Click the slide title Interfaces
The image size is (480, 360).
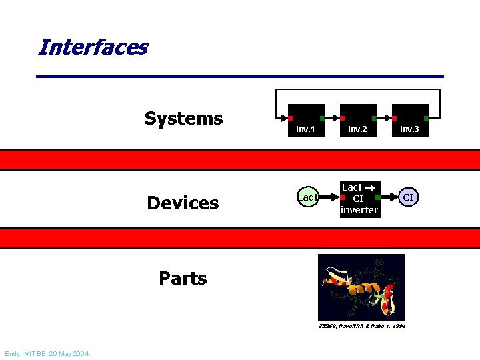pyautogui.click(x=93, y=47)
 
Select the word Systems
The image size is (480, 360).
pyautogui.click(x=183, y=119)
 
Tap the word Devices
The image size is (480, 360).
pyautogui.click(x=183, y=203)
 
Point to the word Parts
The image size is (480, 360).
pyautogui.click(x=183, y=278)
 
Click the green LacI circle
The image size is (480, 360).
pyautogui.click(x=308, y=197)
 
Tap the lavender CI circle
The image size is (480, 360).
pyautogui.click(x=409, y=197)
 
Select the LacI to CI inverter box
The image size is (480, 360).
pyautogui.click(x=359, y=199)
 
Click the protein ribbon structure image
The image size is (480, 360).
pyautogui.click(x=361, y=287)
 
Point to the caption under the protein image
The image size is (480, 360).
pyautogui.click(x=362, y=325)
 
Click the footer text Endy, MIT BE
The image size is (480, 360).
pyautogui.click(x=46, y=353)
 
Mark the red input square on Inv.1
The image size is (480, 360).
pyautogui.click(x=291, y=118)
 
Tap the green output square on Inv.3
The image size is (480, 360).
pyautogui.click(x=426, y=118)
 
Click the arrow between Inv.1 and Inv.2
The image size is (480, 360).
pyautogui.click(x=332, y=118)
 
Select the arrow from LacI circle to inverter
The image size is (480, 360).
pyautogui.click(x=330, y=197)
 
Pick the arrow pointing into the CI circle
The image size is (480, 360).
pyautogui.click(x=388, y=197)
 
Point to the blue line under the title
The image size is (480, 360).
pyautogui.click(x=239, y=76)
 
